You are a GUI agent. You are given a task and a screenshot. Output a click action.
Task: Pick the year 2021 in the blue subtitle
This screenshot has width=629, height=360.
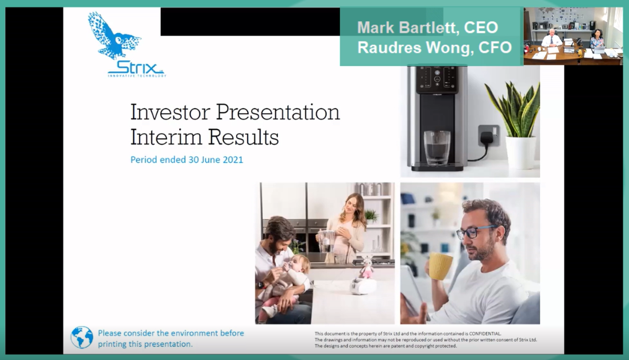coord(233,160)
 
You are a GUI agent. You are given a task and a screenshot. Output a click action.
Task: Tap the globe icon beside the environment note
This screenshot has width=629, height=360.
coord(82,338)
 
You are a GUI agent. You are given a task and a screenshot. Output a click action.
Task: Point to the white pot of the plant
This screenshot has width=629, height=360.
coord(520,152)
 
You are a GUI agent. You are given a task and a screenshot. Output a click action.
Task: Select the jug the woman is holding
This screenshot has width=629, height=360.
coord(326,241)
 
